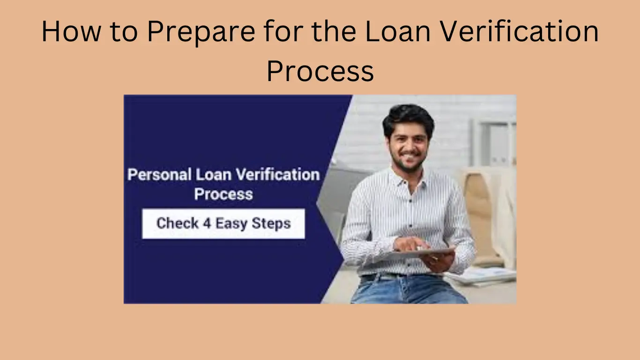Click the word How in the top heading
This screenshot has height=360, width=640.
tap(71, 31)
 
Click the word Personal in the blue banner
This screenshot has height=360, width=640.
tap(159, 174)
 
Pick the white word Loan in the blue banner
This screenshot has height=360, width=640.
tap(214, 174)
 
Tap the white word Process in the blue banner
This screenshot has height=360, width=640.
tap(223, 194)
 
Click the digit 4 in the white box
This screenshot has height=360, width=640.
tap(207, 223)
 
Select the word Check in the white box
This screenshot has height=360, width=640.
tap(178, 223)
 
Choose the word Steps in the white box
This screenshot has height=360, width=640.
tap(271, 224)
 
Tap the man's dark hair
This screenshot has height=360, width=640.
tap(408, 119)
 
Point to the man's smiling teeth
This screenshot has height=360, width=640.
tap(409, 156)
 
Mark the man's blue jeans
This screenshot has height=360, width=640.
tap(409, 289)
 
